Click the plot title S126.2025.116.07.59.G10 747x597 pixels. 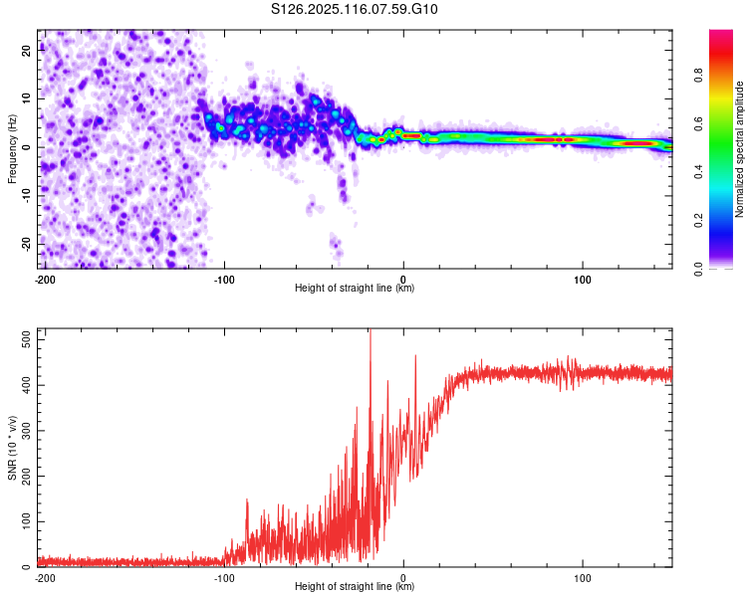point(354,9)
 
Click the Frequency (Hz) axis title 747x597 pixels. point(12,149)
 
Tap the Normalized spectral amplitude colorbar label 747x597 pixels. point(739,149)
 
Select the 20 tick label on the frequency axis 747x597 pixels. point(27,50)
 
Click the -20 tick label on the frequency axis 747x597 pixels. point(27,244)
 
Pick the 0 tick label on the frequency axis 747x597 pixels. point(27,147)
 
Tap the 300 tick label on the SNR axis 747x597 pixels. point(27,431)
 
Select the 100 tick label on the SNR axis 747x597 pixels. point(27,521)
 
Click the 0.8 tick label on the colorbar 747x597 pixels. point(698,76)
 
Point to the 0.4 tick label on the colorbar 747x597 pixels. point(698,171)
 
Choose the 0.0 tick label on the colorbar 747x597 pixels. point(698,269)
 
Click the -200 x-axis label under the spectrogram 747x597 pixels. point(45,280)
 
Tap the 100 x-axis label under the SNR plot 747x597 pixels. point(583,578)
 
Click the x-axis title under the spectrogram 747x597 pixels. point(355,288)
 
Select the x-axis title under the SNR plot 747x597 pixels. point(355,586)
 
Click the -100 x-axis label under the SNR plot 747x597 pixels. point(224,578)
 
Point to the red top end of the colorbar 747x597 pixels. point(721,32)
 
